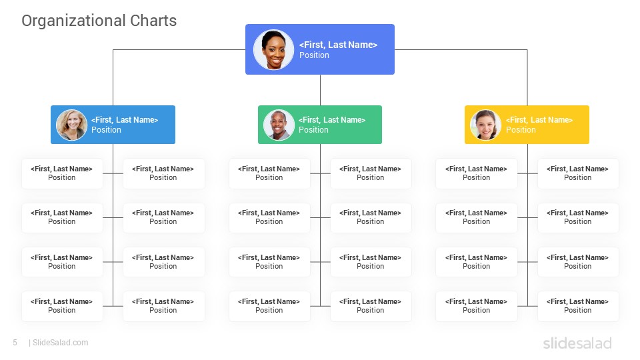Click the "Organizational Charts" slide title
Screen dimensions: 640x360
tap(99, 21)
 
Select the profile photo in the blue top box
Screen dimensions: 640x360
tap(273, 49)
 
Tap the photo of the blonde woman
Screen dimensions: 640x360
tap(71, 125)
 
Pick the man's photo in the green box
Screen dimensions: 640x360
tap(279, 125)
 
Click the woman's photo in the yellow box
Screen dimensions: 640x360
tap(486, 125)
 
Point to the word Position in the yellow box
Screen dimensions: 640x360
tap(521, 130)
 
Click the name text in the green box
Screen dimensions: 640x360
tap(332, 120)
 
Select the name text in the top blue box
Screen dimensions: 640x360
tap(339, 45)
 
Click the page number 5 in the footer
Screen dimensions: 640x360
tap(15, 343)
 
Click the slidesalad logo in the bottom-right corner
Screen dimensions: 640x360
tap(577, 343)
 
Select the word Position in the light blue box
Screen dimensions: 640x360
tap(106, 130)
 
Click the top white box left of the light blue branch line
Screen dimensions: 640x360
tap(62, 173)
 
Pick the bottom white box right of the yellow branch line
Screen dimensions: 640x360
tap(578, 306)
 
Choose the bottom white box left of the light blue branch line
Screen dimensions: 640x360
tap(62, 306)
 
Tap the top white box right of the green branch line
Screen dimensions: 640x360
tap(371, 173)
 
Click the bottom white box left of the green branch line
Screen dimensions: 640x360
tap(269, 306)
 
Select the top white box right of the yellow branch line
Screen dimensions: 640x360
tap(578, 173)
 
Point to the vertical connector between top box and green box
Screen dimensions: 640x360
tap(320, 90)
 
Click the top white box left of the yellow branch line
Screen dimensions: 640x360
tap(476, 173)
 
